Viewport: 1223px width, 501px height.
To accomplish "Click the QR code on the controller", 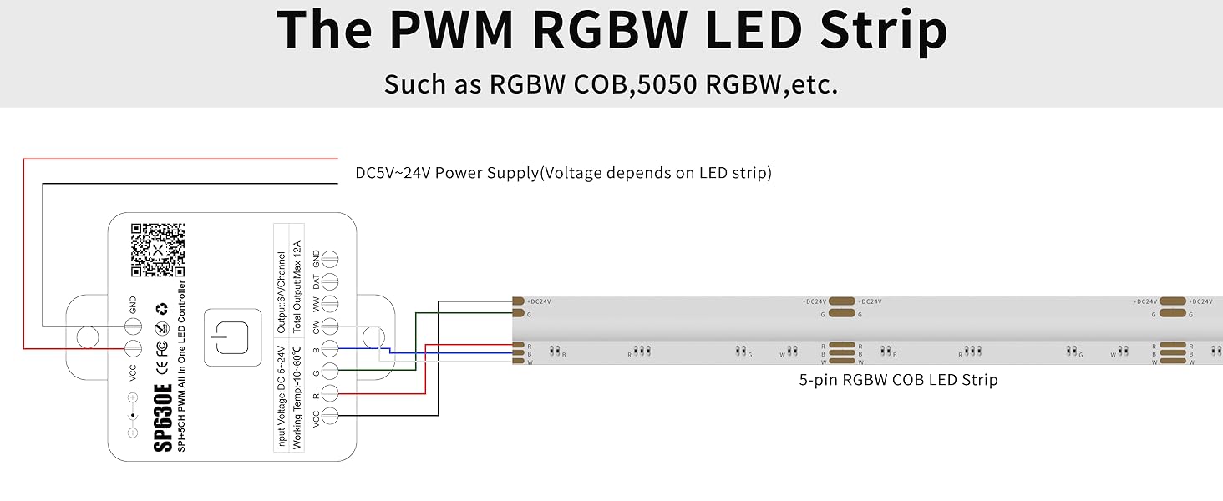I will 157,250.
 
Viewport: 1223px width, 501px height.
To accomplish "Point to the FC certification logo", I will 163,347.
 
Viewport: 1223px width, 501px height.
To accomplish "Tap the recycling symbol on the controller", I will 163,310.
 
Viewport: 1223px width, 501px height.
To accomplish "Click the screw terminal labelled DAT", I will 330,281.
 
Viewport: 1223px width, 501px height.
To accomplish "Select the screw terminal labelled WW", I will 330,304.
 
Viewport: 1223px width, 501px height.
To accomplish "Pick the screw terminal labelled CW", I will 330,326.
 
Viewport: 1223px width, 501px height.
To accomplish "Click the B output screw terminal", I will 330,349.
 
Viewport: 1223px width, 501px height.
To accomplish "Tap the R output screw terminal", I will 330,392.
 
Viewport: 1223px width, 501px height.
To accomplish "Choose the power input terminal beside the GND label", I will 133,326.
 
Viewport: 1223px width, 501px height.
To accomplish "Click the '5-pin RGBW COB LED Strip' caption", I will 898,380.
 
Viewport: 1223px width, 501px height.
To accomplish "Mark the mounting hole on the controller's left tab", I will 85,337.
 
